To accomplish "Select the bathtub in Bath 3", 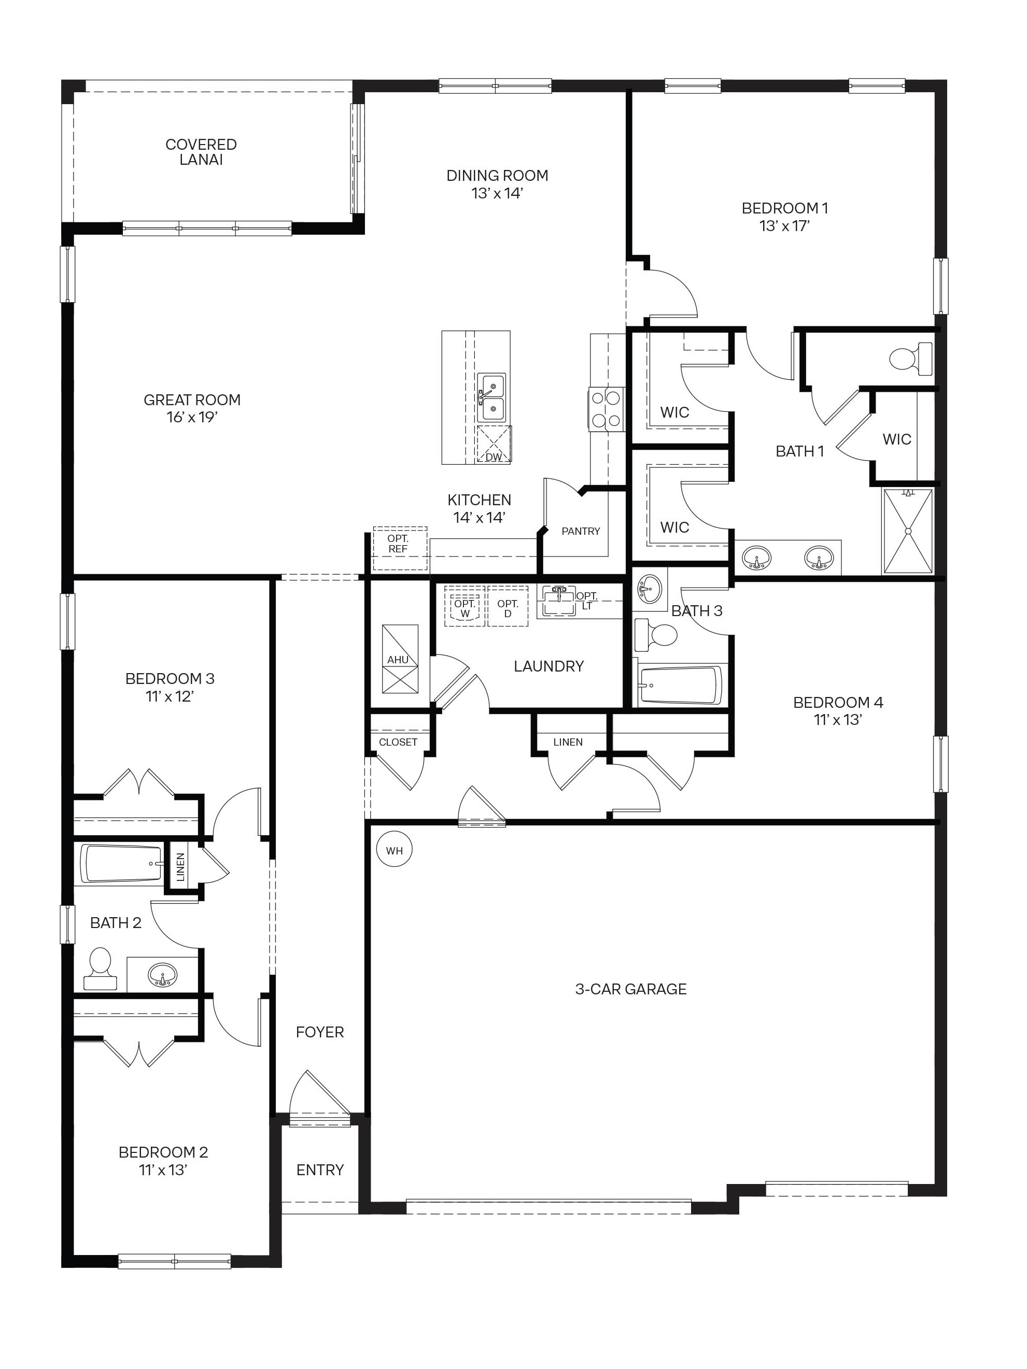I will point(680,685).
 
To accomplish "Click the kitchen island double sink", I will point(493,397).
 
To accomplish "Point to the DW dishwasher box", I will point(494,445).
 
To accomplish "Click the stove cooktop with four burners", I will point(606,408).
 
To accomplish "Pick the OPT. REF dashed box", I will point(399,548).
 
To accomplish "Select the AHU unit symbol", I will point(399,659).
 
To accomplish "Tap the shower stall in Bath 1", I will point(908,531).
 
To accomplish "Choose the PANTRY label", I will point(580,531).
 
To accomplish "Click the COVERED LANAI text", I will point(201,152).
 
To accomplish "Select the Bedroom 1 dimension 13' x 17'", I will point(784,226).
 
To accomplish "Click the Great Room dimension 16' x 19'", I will point(192,417).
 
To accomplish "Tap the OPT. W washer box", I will point(465,607).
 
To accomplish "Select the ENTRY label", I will point(319,1170).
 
